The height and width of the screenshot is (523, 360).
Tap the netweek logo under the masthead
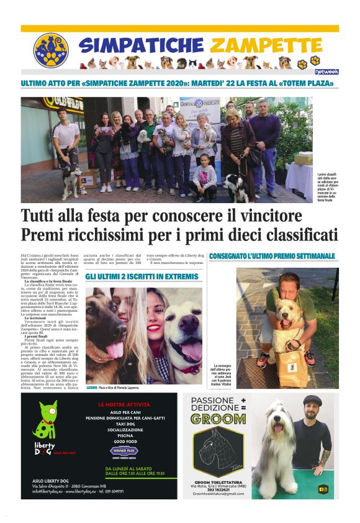coord(326,72)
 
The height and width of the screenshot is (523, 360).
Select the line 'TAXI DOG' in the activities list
coord(129,423)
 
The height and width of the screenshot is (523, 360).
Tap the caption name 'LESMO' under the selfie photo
coord(93,386)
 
